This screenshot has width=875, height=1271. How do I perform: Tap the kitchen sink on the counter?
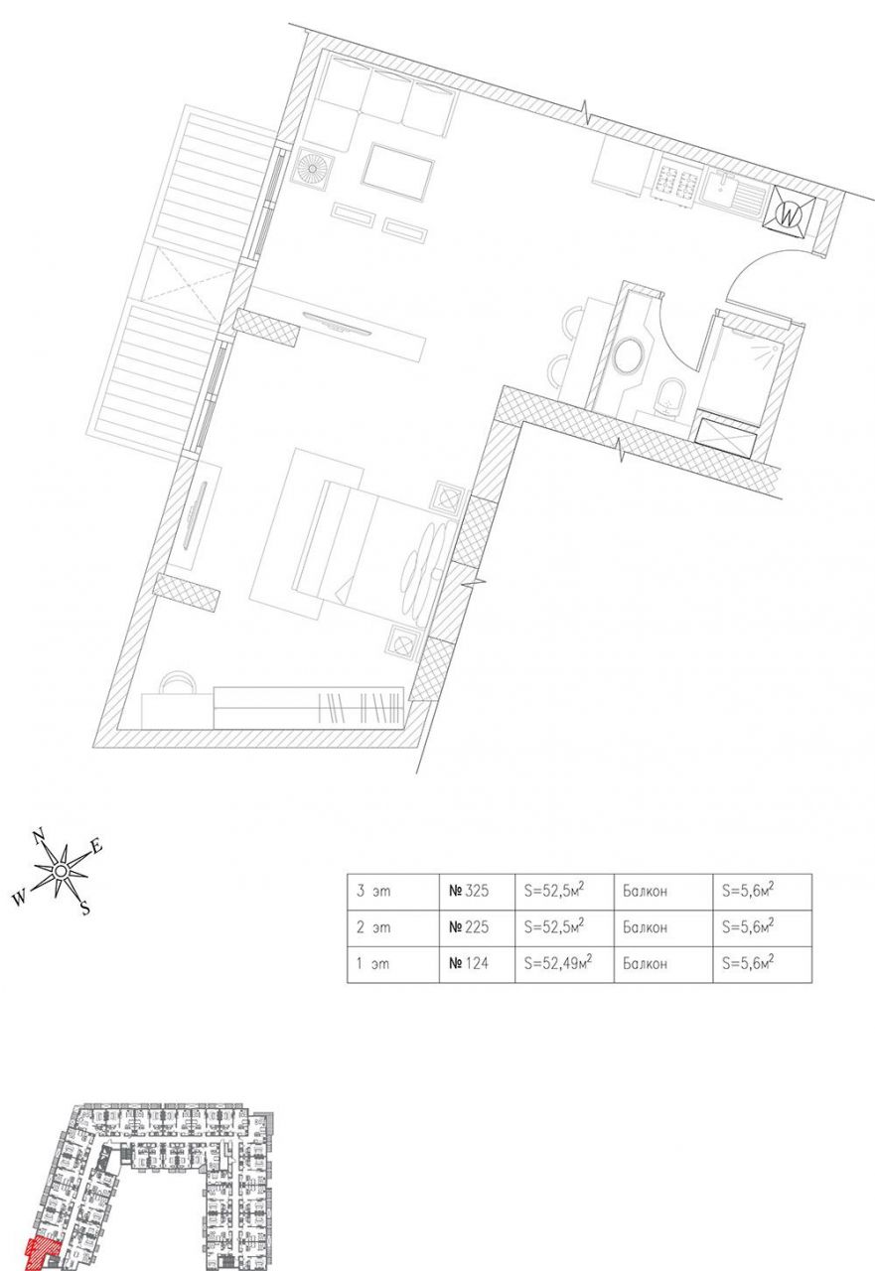click(x=732, y=197)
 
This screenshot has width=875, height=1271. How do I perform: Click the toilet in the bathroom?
click(x=670, y=395)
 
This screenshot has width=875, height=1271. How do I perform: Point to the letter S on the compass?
click(x=85, y=908)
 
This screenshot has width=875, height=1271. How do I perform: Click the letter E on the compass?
click(x=96, y=847)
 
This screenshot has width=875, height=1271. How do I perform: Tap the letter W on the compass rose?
click(x=20, y=899)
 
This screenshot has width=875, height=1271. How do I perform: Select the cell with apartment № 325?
click(x=477, y=892)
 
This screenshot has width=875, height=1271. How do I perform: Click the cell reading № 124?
click(x=477, y=964)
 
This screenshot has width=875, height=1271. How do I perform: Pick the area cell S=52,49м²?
click(x=564, y=964)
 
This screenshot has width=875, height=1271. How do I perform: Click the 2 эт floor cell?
click(x=393, y=927)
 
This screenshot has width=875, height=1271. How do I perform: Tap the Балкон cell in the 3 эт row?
click(x=663, y=892)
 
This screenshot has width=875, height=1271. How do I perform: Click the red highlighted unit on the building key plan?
click(x=41, y=1253)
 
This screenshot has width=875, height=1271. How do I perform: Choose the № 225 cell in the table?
click(x=477, y=927)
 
